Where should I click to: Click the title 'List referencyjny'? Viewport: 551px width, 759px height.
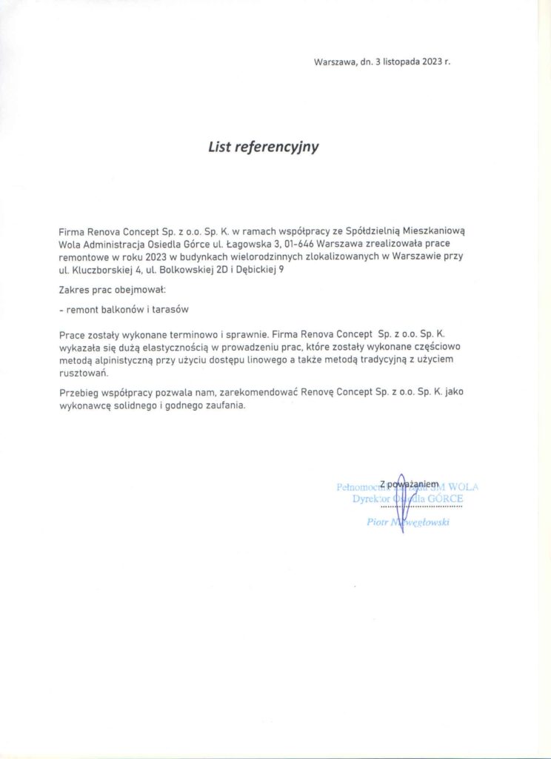263,147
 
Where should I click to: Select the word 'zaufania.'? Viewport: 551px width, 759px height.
240,406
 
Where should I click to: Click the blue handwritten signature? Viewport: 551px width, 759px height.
401,500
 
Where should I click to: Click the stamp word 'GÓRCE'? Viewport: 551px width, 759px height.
444,500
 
